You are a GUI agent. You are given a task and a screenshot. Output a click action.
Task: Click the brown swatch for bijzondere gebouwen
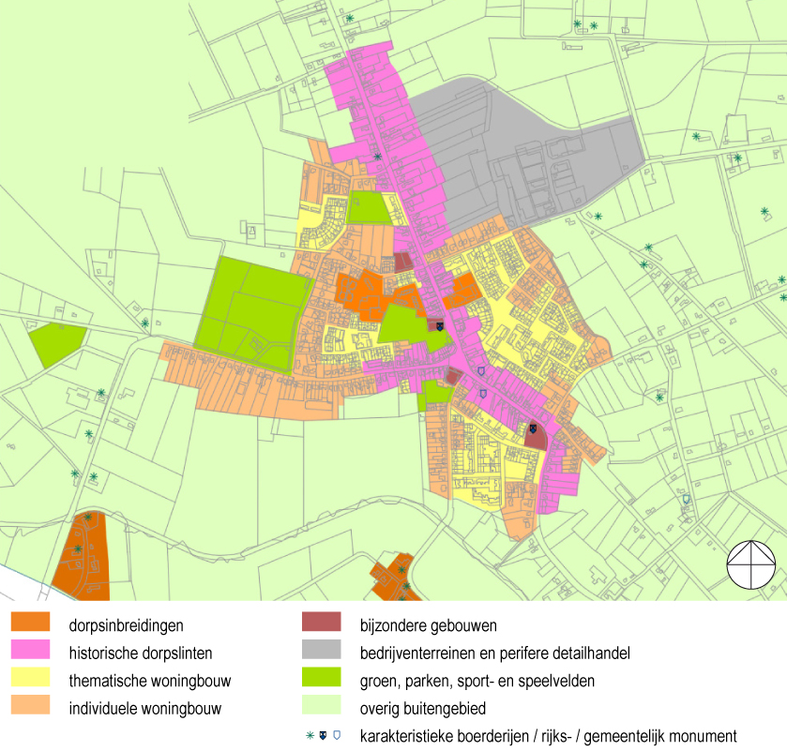coord(321,623)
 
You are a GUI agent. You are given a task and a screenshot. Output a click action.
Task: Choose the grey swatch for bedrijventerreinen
coord(321,652)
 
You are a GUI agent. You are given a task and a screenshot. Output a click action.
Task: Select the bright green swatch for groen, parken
coord(321,680)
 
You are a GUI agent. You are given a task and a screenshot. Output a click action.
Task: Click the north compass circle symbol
coord(752,564)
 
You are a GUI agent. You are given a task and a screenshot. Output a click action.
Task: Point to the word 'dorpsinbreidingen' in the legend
coord(126,624)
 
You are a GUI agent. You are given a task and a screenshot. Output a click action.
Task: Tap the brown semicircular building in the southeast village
coord(535,436)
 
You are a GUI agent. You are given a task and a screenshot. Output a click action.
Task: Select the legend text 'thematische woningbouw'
coord(149,681)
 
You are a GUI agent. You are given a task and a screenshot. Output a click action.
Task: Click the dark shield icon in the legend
coord(324,736)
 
